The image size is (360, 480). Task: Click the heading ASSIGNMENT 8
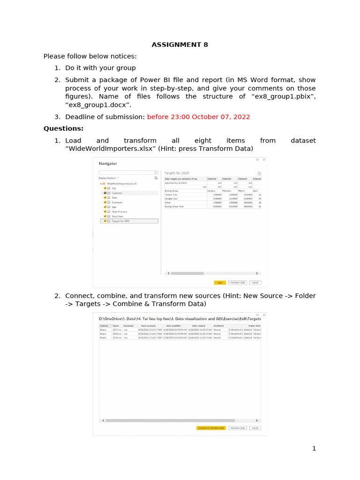180,45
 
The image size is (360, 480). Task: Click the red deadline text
198,117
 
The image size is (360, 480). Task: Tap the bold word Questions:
64,128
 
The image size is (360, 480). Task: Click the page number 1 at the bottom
314,449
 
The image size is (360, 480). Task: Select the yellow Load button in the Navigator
219,283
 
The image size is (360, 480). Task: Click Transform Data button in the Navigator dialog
237,283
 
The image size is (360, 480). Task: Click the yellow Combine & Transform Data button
211,428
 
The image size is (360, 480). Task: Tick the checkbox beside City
105,188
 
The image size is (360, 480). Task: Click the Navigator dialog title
108,164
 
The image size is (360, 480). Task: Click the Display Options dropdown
109,178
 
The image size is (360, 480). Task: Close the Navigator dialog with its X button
264,160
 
